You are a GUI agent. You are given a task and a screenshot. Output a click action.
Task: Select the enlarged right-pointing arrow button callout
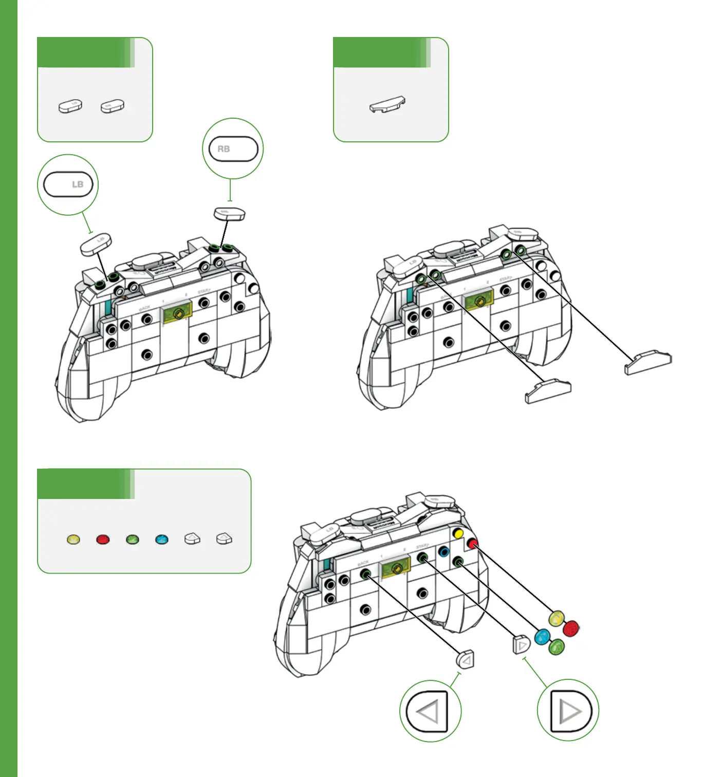[x=568, y=711]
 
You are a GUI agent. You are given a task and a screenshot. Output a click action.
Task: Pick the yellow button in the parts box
[x=73, y=540]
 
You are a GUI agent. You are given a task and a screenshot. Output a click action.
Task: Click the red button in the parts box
[x=103, y=540]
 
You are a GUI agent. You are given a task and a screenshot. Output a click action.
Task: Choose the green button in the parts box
[x=133, y=540]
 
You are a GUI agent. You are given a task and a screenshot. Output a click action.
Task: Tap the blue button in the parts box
[x=162, y=540]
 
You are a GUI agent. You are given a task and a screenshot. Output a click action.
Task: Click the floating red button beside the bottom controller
[x=571, y=628]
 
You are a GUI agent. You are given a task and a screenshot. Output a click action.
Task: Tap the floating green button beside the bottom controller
[x=557, y=647]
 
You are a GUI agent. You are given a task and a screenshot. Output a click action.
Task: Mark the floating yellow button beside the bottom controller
[x=556, y=618]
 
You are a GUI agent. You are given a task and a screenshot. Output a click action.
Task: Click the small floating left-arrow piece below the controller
[x=466, y=659]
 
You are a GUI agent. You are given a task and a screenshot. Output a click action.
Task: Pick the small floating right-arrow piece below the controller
[x=521, y=644]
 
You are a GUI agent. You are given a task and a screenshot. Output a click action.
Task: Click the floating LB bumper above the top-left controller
[x=97, y=245]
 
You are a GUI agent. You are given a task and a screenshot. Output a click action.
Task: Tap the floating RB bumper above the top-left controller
[x=229, y=213]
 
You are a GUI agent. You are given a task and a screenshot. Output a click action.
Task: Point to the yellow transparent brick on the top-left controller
[x=177, y=313]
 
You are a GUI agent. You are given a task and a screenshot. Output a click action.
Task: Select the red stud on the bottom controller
[x=472, y=543]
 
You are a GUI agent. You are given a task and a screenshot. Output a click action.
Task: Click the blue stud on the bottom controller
[x=444, y=552]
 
